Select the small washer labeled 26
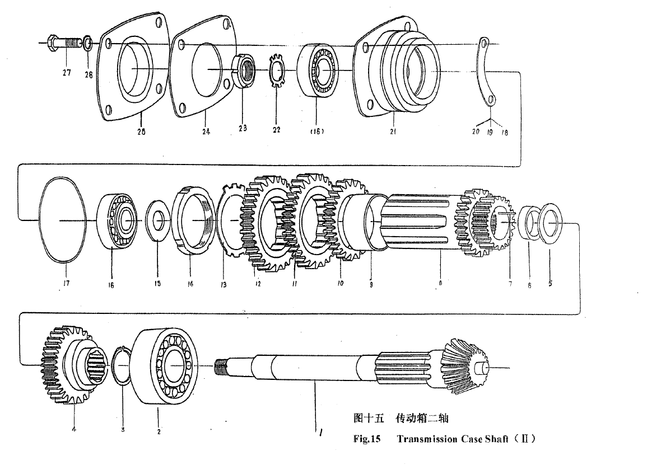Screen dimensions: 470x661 [88, 43]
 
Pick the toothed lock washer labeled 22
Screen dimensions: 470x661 [277, 70]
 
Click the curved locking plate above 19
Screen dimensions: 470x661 [486, 73]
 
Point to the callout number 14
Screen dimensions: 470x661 [191, 284]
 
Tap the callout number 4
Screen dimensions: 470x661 [73, 430]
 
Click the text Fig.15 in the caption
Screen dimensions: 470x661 [367, 439]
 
